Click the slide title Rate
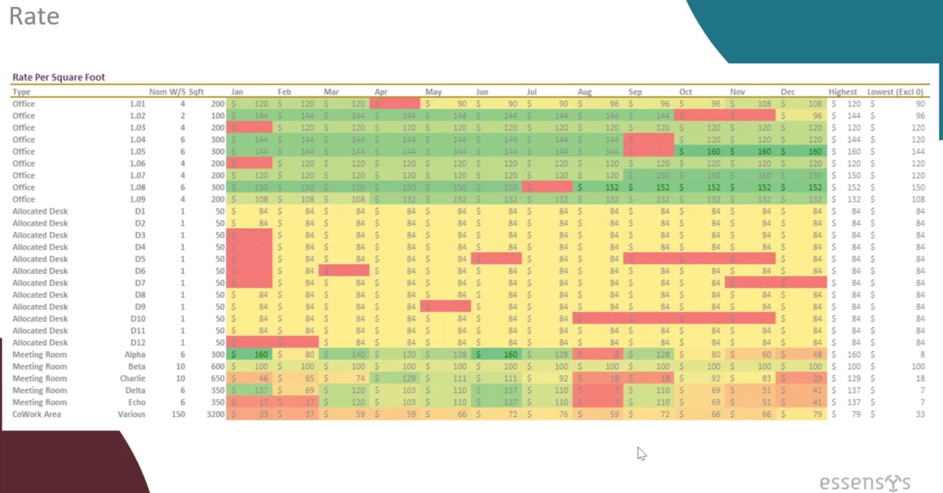click(x=34, y=16)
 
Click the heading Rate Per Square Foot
click(x=59, y=77)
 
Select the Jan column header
click(x=237, y=92)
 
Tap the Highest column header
click(x=842, y=92)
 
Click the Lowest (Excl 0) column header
click(x=895, y=92)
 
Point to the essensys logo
click(x=865, y=483)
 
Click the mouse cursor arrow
click(x=641, y=453)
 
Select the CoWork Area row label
click(x=37, y=414)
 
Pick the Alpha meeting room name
click(x=135, y=355)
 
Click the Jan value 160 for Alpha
click(x=261, y=355)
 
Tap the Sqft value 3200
click(x=216, y=414)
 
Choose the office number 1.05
click(x=137, y=151)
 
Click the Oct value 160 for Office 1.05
click(x=713, y=151)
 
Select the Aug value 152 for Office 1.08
click(x=611, y=187)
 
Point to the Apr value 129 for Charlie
click(x=408, y=378)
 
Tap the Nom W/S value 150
click(x=178, y=414)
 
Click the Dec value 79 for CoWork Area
click(x=817, y=414)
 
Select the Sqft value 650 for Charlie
click(x=218, y=378)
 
